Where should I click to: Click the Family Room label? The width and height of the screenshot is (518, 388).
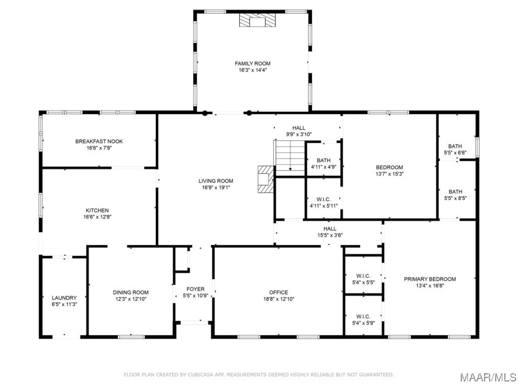point(252,63)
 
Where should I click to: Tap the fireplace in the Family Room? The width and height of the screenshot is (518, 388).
point(257,20)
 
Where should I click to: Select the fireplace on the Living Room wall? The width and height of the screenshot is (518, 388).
point(266,179)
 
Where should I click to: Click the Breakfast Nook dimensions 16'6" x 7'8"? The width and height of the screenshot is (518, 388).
point(99,148)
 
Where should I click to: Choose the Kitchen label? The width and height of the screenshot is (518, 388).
point(97,210)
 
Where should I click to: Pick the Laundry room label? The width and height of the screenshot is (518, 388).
point(64,298)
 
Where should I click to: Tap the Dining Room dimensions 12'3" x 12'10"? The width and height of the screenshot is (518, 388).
point(130,299)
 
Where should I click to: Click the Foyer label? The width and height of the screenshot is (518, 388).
point(196,289)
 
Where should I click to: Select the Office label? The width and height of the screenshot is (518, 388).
point(278,292)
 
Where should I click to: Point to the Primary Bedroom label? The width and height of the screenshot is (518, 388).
point(430,279)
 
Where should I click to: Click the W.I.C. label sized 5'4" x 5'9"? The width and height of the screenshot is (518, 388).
point(363,316)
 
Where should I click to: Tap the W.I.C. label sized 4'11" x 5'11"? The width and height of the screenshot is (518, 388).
point(323,199)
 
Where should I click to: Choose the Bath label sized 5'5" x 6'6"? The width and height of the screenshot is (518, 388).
point(455,146)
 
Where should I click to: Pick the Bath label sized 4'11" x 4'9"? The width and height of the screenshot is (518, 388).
point(324,160)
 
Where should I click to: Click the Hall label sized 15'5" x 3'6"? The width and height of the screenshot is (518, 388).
point(330,228)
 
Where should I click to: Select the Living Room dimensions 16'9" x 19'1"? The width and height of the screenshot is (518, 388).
point(216,188)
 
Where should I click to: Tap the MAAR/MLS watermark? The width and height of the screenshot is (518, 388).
point(488,377)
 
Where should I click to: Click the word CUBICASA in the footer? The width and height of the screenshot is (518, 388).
point(201,375)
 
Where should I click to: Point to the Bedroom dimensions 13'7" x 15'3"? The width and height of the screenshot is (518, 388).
point(389,174)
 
